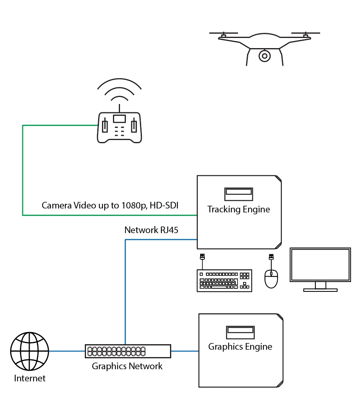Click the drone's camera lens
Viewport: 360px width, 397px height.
click(x=265, y=56)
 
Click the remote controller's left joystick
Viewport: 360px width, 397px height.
click(x=105, y=126)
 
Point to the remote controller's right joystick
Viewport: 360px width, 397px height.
click(x=134, y=126)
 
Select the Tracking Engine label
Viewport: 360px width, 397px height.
click(x=238, y=209)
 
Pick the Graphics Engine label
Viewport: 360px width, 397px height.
click(x=240, y=347)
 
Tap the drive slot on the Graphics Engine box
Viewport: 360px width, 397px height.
click(x=240, y=331)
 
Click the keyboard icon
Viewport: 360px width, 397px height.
click(x=224, y=280)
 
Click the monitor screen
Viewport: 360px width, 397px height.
click(x=320, y=264)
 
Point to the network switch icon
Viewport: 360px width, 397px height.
click(x=128, y=351)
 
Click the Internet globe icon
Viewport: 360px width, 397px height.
click(x=30, y=351)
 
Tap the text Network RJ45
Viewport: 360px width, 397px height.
click(x=151, y=230)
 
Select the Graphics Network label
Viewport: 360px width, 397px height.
click(x=127, y=366)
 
